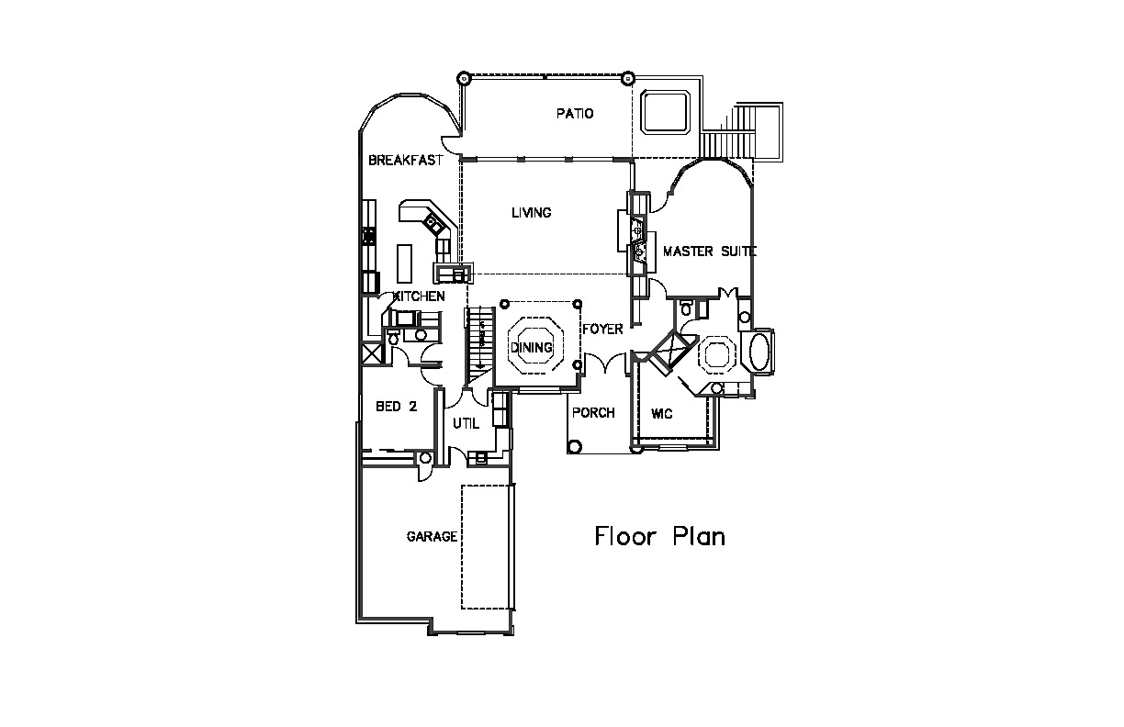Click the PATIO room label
click(x=575, y=114)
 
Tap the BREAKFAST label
click(x=406, y=160)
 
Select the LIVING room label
click(x=532, y=213)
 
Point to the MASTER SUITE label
click(x=710, y=252)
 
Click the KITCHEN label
click(x=419, y=296)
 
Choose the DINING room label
click(x=532, y=348)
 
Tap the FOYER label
click(x=602, y=330)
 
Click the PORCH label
click(x=593, y=413)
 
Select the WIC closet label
click(x=661, y=414)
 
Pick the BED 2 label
click(x=397, y=407)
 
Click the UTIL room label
click(x=466, y=424)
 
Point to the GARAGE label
click(x=432, y=537)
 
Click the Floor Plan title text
click(x=660, y=536)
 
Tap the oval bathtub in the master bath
click(x=759, y=352)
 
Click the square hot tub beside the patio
click(x=665, y=112)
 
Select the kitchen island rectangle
click(x=404, y=264)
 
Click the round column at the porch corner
click(x=575, y=446)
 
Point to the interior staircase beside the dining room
click(x=481, y=346)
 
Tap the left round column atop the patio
click(x=464, y=79)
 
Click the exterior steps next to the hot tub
click(x=741, y=131)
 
